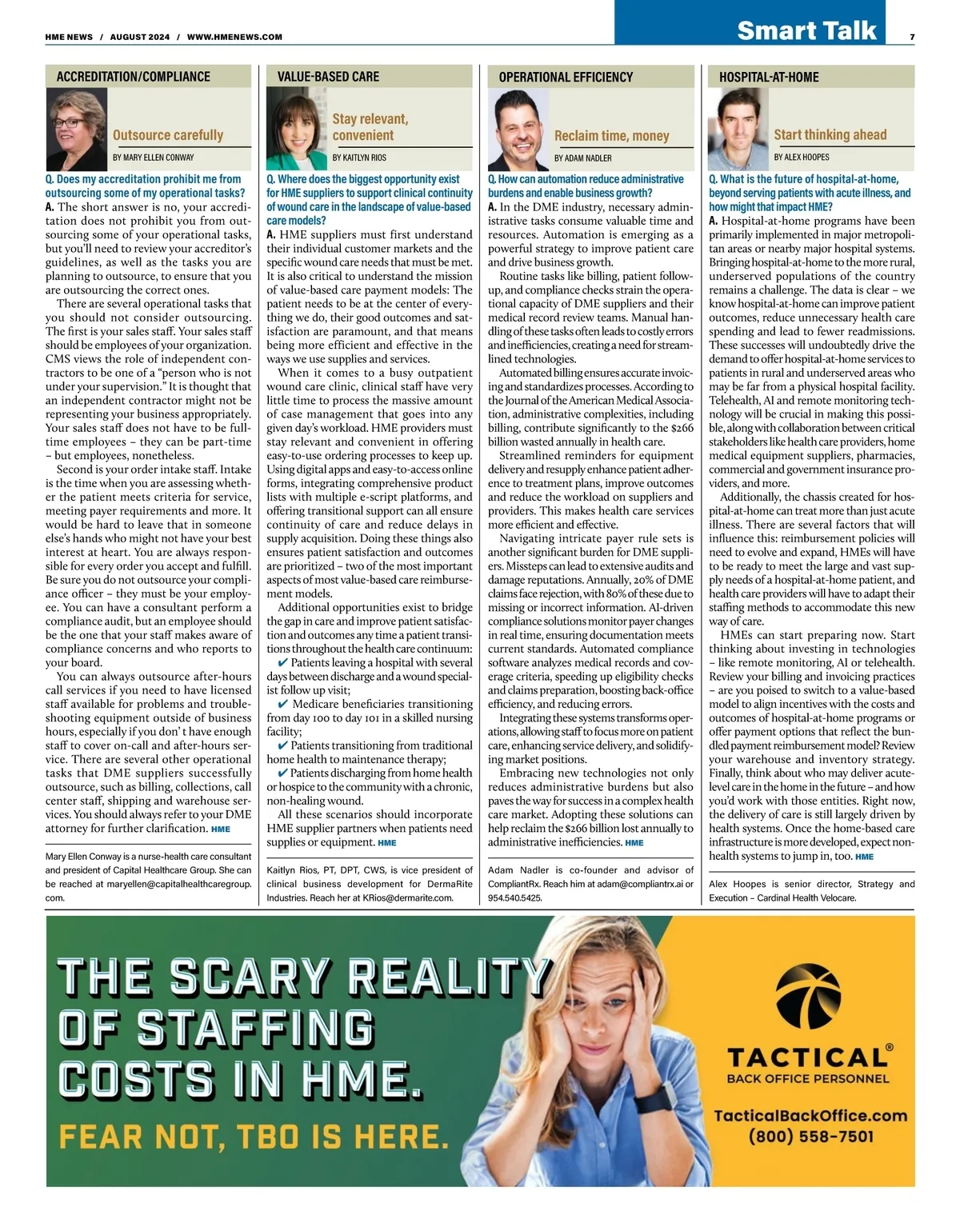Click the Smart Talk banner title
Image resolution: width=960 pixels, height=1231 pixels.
(806, 30)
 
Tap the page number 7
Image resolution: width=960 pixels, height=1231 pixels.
(912, 37)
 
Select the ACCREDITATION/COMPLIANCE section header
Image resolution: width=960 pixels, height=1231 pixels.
(133, 77)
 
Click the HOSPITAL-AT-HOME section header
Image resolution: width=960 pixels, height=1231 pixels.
(769, 77)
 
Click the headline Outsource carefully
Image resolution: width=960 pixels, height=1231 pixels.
(168, 135)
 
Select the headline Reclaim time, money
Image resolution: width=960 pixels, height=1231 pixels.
(611, 136)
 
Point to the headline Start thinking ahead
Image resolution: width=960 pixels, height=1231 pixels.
(830, 135)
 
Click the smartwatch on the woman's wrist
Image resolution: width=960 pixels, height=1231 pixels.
(654, 1101)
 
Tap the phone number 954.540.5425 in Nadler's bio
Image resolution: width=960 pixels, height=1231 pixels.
(514, 897)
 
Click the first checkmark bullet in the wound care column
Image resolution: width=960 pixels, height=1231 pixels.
(282, 663)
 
